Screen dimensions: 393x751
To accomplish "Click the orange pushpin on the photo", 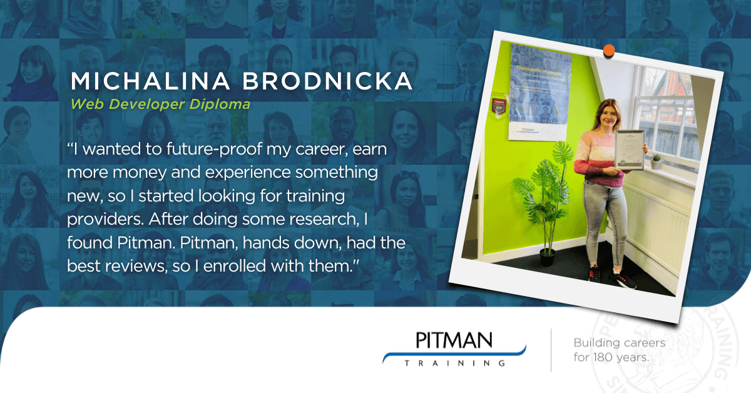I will (609, 49).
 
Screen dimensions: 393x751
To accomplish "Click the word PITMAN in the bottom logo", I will (454, 342).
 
